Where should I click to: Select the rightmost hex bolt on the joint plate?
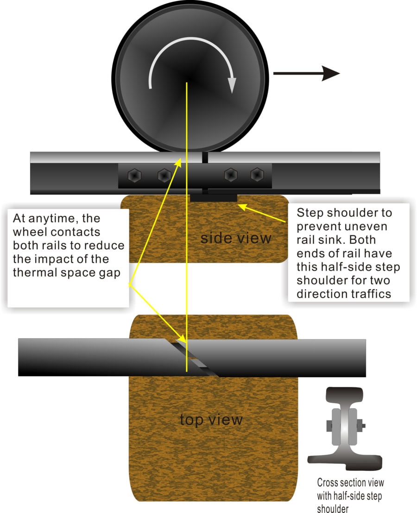[257, 175]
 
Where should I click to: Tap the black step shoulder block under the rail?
[214, 198]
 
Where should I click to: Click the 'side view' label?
[235, 238]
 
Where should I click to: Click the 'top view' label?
[211, 419]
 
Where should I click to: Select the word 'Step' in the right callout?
[310, 213]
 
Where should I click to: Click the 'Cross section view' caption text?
[350, 482]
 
